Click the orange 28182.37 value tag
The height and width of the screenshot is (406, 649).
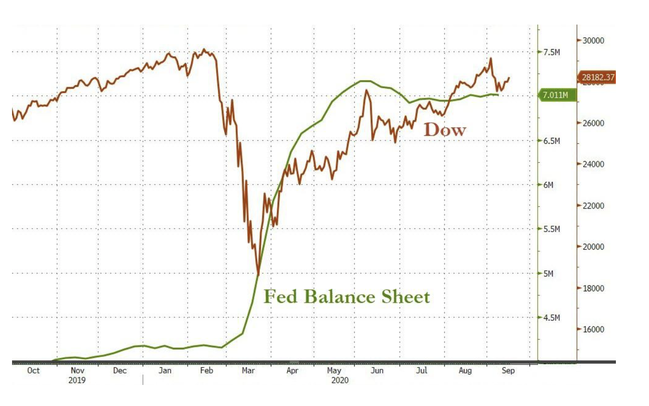tap(597, 77)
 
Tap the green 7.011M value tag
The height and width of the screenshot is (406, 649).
tap(556, 95)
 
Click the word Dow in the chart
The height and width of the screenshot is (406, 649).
tap(445, 130)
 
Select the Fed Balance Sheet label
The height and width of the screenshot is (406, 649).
tap(347, 297)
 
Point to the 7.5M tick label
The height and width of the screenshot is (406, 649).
tap(552, 52)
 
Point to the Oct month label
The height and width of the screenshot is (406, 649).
tap(33, 371)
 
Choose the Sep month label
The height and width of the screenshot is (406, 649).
tap(508, 371)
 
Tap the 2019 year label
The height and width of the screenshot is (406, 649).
tap(77, 380)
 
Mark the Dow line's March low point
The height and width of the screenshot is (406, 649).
tap(258, 274)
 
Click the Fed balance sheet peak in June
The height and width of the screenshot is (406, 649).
tap(365, 81)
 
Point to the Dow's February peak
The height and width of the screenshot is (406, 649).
tap(204, 49)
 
